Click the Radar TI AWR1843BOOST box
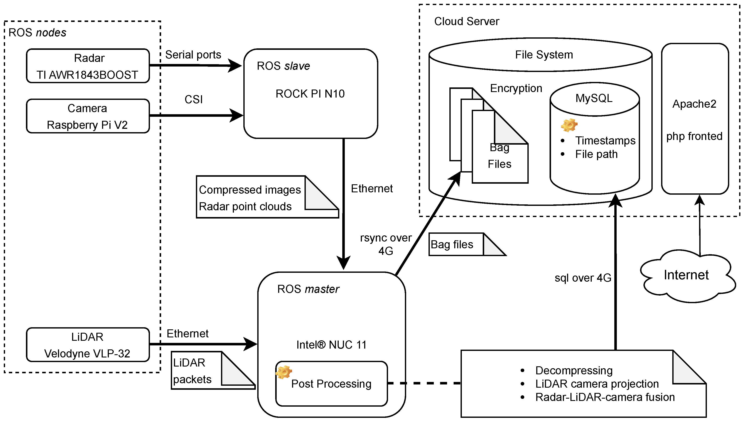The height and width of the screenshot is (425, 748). [x=88, y=66]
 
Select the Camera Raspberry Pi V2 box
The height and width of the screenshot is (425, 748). [x=88, y=116]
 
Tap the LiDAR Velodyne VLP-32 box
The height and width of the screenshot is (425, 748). [x=88, y=345]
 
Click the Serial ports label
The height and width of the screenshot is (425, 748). [x=193, y=55]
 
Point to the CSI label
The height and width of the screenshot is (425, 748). [x=194, y=99]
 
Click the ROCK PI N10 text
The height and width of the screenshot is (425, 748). [x=310, y=94]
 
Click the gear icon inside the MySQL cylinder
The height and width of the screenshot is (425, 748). [x=569, y=125]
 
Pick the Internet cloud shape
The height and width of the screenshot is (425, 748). [x=686, y=276]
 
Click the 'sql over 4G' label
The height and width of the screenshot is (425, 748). [x=583, y=278]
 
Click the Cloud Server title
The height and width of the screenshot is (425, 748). [x=467, y=22]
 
